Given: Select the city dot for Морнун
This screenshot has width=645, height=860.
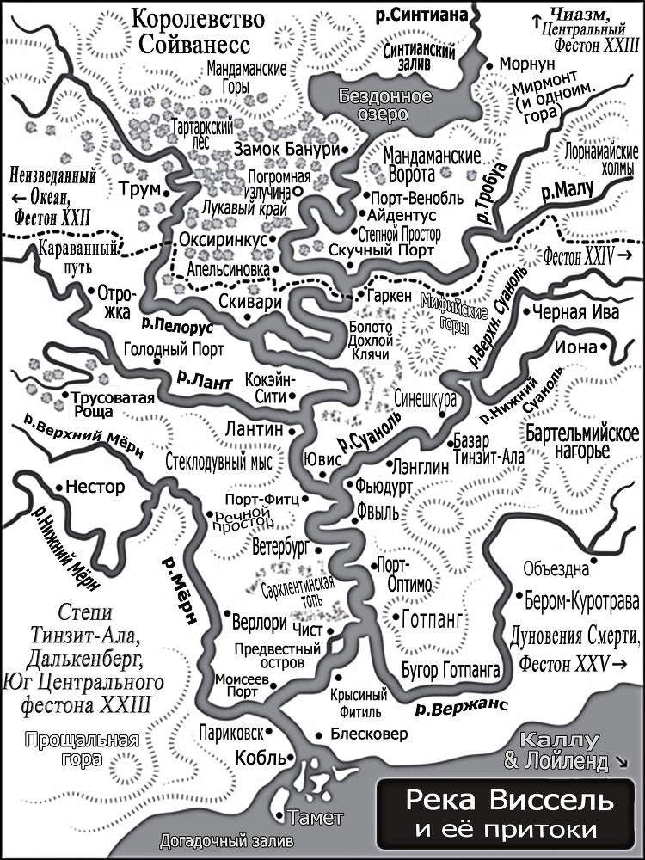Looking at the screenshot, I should pos(489,65).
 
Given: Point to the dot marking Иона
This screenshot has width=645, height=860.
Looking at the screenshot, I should pos(604,347).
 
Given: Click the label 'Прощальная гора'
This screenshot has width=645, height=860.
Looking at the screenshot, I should pos(82,749).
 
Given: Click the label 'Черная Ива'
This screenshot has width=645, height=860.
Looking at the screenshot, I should pos(575,313).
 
